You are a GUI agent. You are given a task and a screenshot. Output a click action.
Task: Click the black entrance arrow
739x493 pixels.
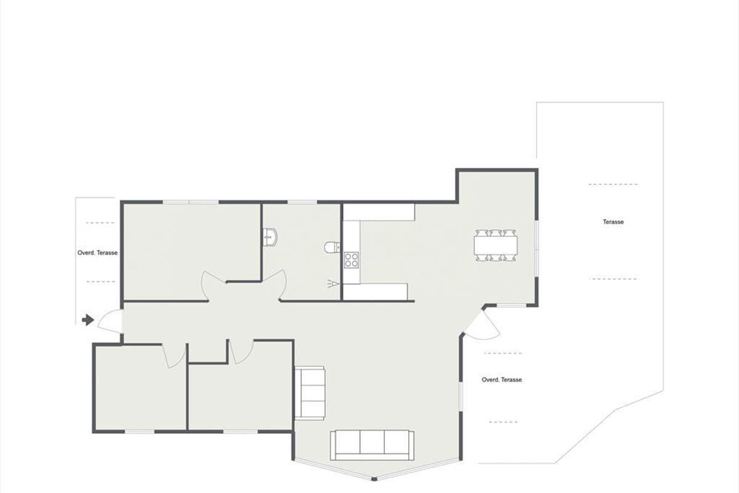(x=88, y=320)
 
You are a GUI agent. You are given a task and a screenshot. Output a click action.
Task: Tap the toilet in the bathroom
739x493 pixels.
(x=332, y=247)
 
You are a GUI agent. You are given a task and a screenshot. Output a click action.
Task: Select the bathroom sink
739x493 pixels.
(x=270, y=237)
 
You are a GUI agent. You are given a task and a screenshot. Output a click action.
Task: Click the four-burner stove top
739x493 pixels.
(x=352, y=260)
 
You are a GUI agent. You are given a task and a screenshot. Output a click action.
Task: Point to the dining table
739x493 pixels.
(x=496, y=245)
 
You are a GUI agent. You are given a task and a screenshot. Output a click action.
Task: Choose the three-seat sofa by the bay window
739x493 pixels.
(x=372, y=445)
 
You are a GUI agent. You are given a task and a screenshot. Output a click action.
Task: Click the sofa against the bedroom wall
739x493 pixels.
(x=310, y=393)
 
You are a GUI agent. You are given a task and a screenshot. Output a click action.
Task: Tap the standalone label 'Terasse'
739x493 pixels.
(x=613, y=222)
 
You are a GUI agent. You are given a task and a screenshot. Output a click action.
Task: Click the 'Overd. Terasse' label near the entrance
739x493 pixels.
(x=97, y=253)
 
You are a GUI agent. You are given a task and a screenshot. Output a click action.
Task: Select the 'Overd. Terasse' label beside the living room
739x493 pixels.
(x=502, y=380)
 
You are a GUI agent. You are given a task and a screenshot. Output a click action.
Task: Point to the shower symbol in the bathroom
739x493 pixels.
(x=333, y=283)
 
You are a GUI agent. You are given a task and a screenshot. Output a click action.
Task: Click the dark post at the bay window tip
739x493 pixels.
(x=373, y=479)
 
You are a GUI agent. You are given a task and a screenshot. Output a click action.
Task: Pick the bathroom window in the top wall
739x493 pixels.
(x=302, y=202)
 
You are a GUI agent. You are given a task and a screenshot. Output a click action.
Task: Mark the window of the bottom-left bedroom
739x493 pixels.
(x=140, y=431)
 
